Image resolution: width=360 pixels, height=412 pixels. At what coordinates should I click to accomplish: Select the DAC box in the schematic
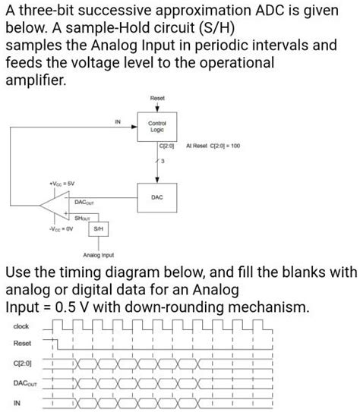tap(157, 197)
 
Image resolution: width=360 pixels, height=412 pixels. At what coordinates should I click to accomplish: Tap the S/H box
tap(97, 229)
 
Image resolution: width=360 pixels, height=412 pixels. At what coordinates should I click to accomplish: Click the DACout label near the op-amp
tap(84, 203)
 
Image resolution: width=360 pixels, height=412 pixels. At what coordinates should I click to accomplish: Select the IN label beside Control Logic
tap(117, 121)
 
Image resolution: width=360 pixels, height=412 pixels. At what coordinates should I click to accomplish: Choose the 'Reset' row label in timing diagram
tap(21, 344)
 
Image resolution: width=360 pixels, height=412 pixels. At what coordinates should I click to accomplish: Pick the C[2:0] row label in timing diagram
tap(22, 363)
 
